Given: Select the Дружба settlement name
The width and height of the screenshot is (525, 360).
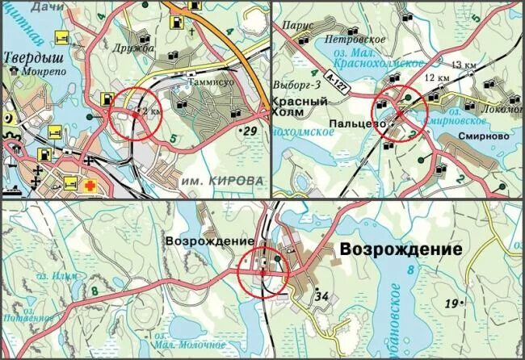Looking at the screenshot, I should tap(135, 48).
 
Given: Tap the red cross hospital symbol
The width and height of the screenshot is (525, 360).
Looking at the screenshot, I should tap(93, 184).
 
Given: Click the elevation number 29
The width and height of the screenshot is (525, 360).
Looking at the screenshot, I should tap(249, 129).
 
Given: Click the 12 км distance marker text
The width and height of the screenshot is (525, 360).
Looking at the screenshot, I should tap(436, 77).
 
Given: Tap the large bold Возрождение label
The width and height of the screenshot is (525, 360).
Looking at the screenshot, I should tap(401, 249).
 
